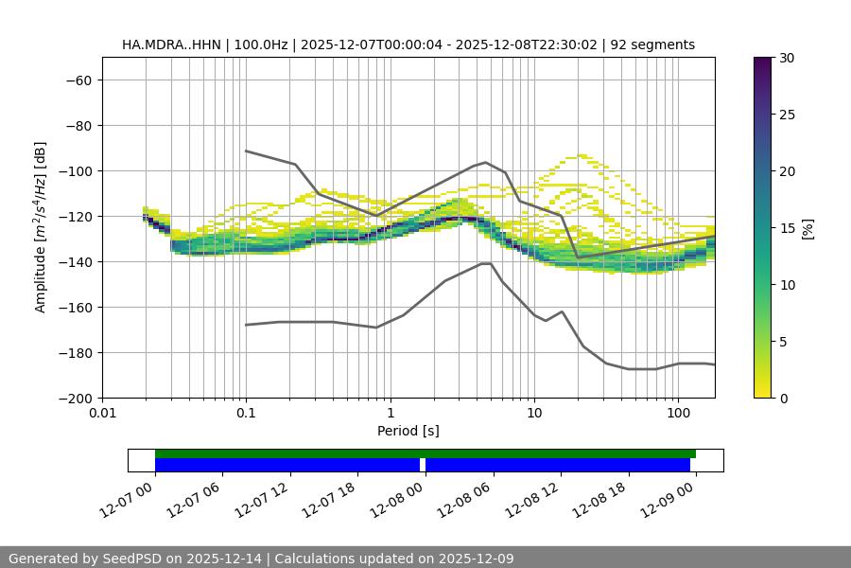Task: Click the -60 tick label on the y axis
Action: click(78, 80)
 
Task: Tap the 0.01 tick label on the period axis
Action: click(102, 415)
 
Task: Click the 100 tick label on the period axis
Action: click(678, 415)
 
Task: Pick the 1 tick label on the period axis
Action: click(390, 415)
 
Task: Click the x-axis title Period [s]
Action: click(408, 431)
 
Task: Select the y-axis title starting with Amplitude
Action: click(41, 227)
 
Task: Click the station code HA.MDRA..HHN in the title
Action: click(168, 44)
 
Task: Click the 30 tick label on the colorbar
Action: click(787, 58)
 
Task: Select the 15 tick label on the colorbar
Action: click(787, 228)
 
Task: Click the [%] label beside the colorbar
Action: click(808, 228)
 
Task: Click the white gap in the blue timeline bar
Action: click(423, 465)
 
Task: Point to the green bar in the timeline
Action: click(425, 453)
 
